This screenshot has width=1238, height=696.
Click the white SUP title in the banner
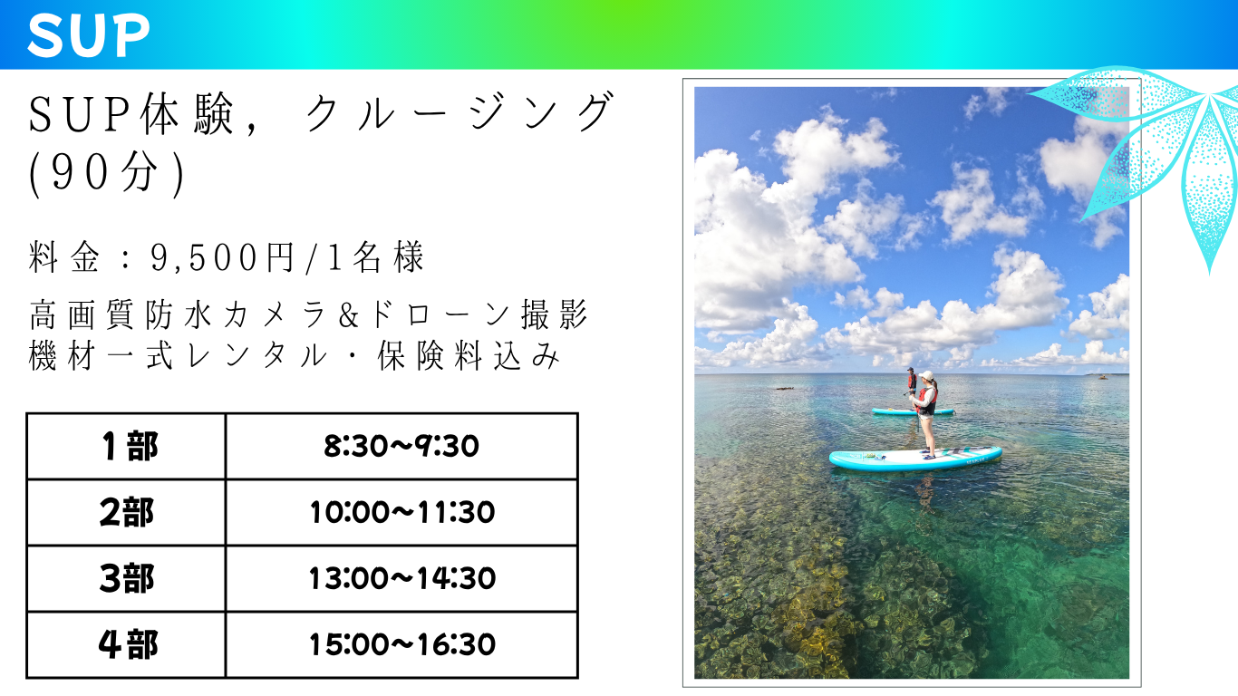pos(89,34)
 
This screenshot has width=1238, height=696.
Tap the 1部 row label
pos(131,446)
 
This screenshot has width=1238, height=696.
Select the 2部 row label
pos(127,512)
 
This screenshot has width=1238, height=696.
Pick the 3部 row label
pos(127,579)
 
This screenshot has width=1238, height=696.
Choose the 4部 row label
pos(128,644)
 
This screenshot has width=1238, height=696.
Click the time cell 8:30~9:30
pos(401,446)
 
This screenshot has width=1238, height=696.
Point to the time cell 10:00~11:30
pos(402,512)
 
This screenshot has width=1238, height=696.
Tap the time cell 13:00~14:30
pos(402,579)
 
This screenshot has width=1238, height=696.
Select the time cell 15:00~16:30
pos(402,644)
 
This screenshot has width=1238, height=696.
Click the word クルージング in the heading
pos(459,112)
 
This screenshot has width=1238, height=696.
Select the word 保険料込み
pos(469,355)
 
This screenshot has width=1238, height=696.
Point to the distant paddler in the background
pos(912,382)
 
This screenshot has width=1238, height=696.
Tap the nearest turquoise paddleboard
pos(915,459)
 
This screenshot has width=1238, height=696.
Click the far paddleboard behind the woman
pos(913,411)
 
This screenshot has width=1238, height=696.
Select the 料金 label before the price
pos(64,257)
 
